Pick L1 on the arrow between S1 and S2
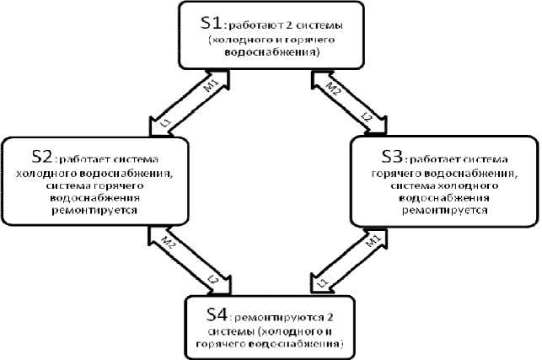point(165,123)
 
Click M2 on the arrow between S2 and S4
point(168,244)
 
